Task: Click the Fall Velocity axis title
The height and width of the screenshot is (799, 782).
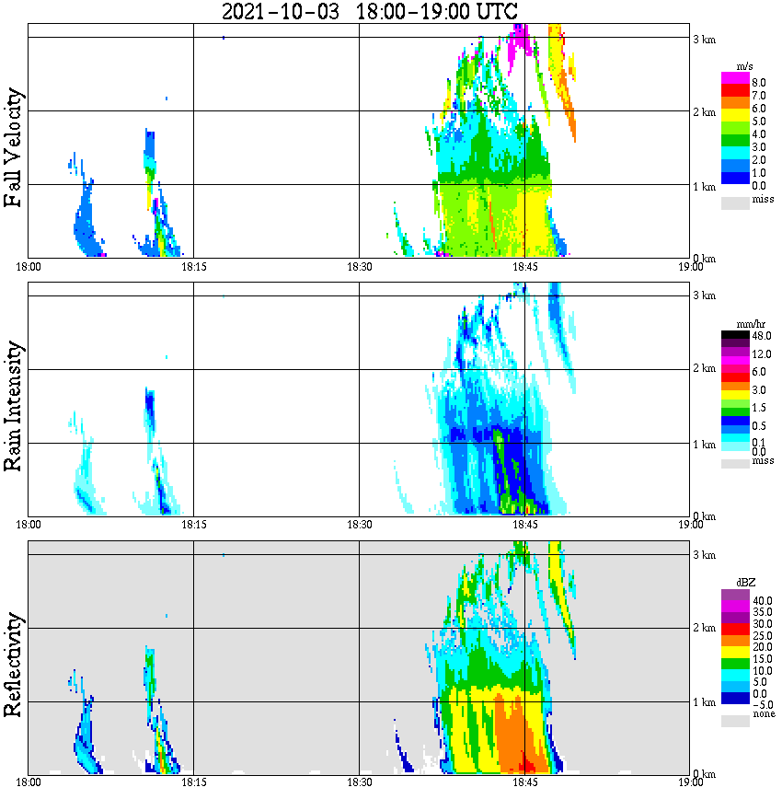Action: [14, 147]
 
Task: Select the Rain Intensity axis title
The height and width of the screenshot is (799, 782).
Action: [14, 406]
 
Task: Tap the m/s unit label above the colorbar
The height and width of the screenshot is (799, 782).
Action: [745, 65]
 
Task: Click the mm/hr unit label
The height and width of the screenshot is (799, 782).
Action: [745, 324]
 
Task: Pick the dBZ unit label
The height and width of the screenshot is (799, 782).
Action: [745, 583]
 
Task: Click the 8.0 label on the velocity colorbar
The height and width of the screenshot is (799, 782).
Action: [760, 83]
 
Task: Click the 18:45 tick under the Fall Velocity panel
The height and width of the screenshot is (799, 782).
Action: [524, 267]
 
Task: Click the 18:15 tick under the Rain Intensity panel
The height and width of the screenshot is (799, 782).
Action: [193, 525]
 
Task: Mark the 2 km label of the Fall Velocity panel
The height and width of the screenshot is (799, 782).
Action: [704, 112]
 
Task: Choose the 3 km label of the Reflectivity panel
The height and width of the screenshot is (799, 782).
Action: [704, 555]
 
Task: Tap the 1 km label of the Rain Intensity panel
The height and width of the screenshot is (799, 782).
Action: [704, 444]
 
